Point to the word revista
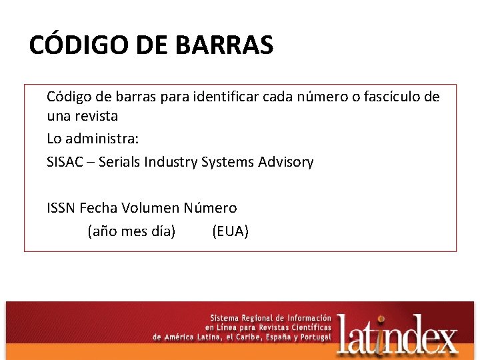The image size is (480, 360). point(95,116)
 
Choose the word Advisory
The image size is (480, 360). point(285,162)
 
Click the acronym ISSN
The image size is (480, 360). point(61,208)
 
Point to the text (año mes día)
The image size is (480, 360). point(131,231)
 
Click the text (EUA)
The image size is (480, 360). point(230,231)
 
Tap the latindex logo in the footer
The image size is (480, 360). point(397,333)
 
